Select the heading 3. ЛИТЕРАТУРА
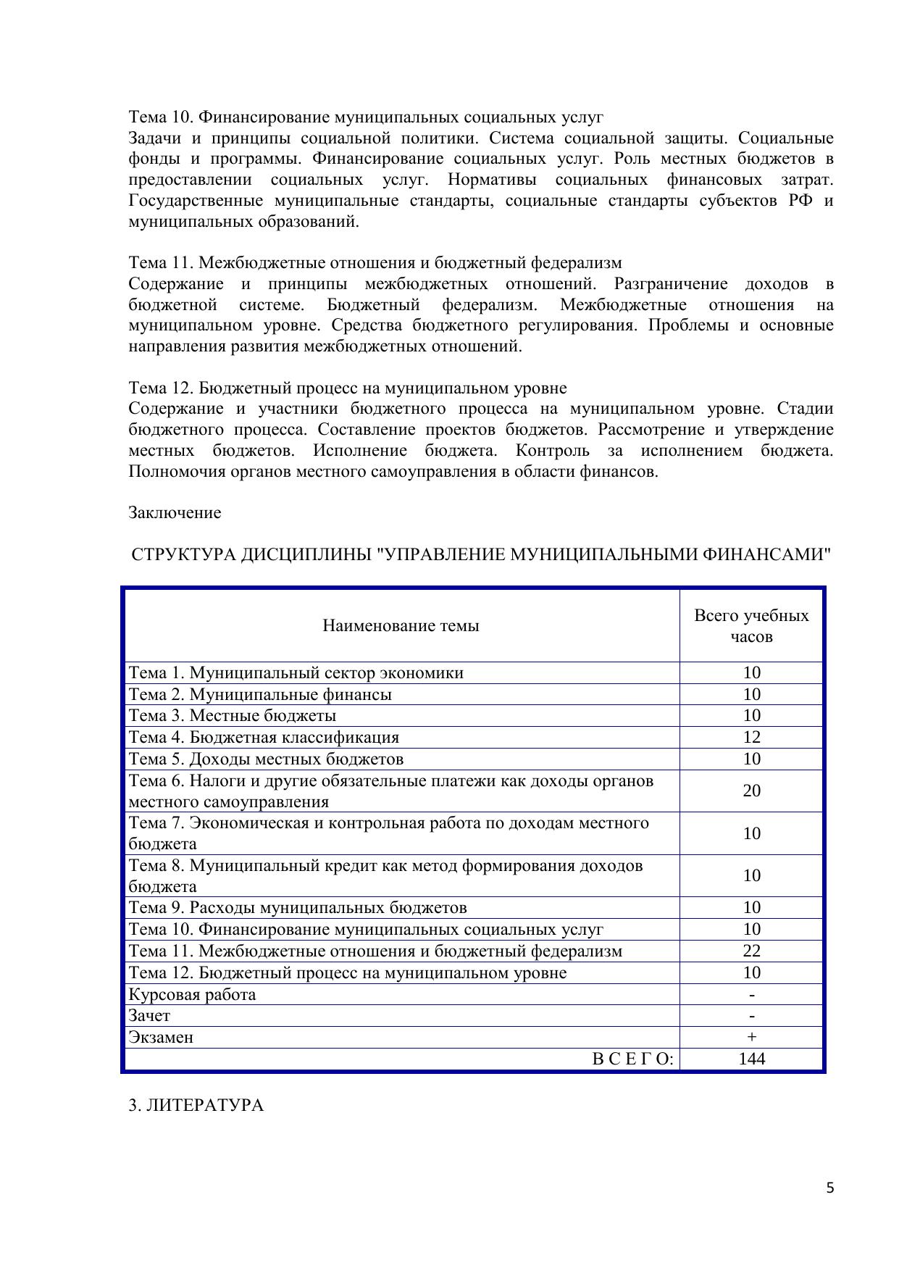pos(196,1105)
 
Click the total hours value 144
pos(752,1059)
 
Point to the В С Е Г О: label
pos(632,1059)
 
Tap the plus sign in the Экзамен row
pos(752,1037)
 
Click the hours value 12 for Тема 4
pos(752,737)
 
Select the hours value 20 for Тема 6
pos(752,790)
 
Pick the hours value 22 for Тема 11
pos(752,951)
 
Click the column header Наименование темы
pos(401,625)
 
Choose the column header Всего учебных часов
pos(751,625)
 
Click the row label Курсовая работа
pos(192,994)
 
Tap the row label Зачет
pos(149,1015)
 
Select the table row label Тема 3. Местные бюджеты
pos(232,715)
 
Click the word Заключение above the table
pos(175,512)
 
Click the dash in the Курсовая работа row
pos(752,994)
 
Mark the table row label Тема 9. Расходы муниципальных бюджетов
pos(297,907)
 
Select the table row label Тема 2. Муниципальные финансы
pos(260,694)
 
